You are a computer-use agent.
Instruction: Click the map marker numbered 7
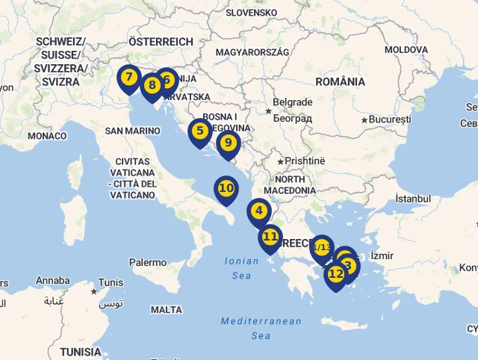(x=129, y=78)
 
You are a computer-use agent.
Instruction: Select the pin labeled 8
(x=152, y=85)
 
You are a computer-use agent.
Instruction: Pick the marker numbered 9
(x=228, y=143)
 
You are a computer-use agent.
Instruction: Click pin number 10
(x=226, y=188)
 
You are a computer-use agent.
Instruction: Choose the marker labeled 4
(x=259, y=211)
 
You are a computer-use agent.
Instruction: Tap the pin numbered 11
(x=270, y=237)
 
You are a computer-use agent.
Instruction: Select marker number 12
(x=335, y=274)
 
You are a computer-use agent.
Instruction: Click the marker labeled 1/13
(x=321, y=247)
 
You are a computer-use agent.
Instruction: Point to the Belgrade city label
(x=292, y=102)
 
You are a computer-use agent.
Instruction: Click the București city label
(x=389, y=120)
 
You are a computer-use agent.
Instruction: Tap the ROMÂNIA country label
(x=340, y=81)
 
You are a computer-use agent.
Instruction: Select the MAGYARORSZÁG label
(x=252, y=52)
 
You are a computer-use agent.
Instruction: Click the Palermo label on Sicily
(x=148, y=262)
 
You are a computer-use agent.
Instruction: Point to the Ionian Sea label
(x=240, y=268)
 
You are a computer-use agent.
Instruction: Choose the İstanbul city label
(x=413, y=199)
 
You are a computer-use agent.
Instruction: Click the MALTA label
(x=166, y=309)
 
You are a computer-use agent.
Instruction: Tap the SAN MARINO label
(x=132, y=131)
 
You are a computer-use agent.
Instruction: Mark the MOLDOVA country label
(x=406, y=49)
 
